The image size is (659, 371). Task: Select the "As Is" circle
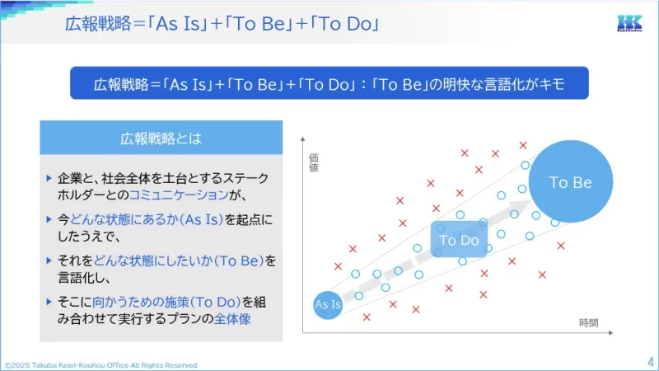click(x=328, y=305)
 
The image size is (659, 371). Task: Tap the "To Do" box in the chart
click(x=459, y=240)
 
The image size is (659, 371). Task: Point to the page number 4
click(x=650, y=360)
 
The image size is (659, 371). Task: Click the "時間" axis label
click(x=588, y=323)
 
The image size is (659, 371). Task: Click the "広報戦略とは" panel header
click(x=161, y=138)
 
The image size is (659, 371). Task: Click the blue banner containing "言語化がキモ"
click(x=329, y=83)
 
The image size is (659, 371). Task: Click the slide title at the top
click(x=222, y=23)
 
